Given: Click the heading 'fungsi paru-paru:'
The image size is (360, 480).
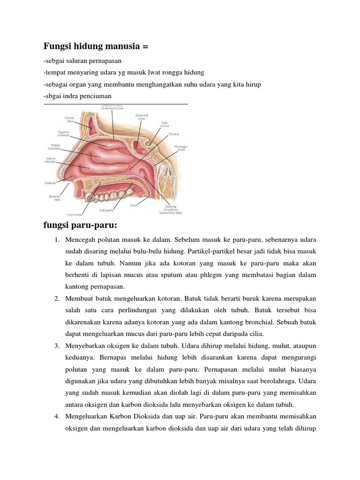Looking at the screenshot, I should (x=80, y=225).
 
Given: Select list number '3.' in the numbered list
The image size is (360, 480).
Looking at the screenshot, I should (x=56, y=346).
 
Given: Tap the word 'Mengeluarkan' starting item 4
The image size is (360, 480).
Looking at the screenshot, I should (x=87, y=416).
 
